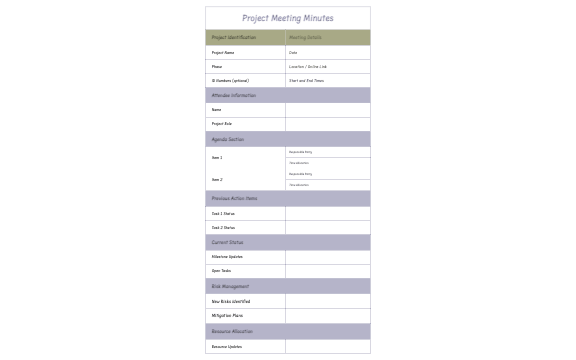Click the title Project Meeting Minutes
click(288, 18)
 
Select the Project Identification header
click(233, 37)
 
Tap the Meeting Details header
click(305, 37)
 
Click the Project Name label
click(222, 52)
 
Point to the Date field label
click(293, 52)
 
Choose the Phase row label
click(216, 66)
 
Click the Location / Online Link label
click(307, 66)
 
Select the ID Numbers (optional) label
click(230, 80)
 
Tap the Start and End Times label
click(306, 80)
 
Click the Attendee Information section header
click(233, 95)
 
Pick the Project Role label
click(221, 124)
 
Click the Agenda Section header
click(227, 139)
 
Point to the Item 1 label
click(216, 157)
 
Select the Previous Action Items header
click(234, 198)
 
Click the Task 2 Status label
click(223, 227)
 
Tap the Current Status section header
click(227, 242)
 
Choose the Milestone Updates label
click(227, 256)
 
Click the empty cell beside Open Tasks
click(327, 271)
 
